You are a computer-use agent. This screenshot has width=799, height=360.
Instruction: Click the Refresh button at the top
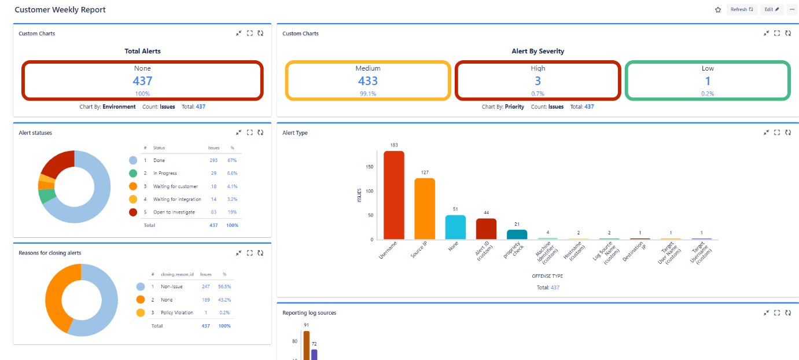[x=742, y=10]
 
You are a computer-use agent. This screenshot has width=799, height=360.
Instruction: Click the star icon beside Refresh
[x=718, y=10]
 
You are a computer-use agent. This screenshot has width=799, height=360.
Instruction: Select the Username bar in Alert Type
[x=394, y=195]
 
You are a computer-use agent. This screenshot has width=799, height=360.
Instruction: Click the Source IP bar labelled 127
[x=425, y=209]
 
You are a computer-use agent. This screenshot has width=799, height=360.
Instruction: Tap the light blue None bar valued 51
[x=455, y=227]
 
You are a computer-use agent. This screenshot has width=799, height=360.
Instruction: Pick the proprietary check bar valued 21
[x=517, y=234]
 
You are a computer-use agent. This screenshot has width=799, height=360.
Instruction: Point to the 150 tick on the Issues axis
[x=370, y=167]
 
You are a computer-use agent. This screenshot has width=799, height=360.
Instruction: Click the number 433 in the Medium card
[x=368, y=81]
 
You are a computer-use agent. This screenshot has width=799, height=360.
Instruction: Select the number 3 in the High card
[x=538, y=81]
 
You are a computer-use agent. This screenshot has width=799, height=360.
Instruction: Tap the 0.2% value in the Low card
[x=708, y=94]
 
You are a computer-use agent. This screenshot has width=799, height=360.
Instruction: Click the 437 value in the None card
[x=142, y=81]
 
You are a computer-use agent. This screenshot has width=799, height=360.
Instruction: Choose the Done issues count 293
[x=213, y=160]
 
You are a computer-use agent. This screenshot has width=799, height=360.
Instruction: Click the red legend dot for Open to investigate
[x=133, y=212]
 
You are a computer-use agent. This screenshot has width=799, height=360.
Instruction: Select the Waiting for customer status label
[x=175, y=186]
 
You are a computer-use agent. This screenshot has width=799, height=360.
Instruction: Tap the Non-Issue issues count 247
[x=206, y=286]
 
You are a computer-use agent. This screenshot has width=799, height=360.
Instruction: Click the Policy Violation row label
[x=177, y=313]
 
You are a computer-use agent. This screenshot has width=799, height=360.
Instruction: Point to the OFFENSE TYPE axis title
[x=547, y=276]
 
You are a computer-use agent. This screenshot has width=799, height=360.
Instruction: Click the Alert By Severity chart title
[x=538, y=51]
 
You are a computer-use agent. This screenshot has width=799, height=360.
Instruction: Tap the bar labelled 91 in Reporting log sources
[x=307, y=346]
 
